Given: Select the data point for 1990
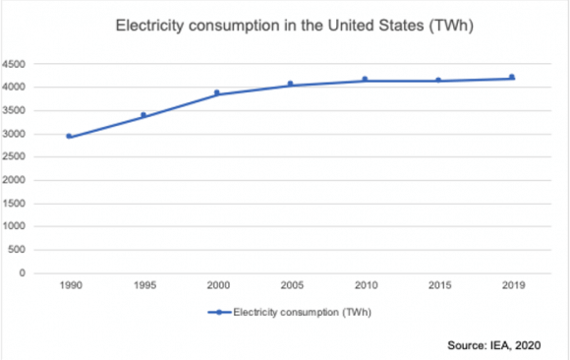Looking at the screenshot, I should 69,136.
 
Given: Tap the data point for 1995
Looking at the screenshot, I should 143,115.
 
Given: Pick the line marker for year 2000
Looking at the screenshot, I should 218,92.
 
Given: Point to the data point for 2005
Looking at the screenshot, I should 290,84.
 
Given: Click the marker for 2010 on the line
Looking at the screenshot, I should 365,79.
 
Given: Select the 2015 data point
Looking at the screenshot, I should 438,80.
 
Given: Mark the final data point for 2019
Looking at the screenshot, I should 511,77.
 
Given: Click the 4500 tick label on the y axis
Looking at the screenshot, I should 17,64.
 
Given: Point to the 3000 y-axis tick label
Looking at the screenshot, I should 17,134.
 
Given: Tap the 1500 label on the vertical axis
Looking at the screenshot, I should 17,204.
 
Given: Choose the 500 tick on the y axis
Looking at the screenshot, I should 19,250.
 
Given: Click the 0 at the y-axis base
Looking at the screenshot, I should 25,273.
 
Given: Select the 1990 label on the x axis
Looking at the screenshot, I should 69,288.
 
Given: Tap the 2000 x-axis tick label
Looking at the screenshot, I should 217,288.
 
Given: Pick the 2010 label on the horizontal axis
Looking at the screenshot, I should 365,288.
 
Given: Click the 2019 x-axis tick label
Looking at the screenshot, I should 511,288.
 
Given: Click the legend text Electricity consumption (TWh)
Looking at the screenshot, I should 303,313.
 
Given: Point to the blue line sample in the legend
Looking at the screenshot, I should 219,313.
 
